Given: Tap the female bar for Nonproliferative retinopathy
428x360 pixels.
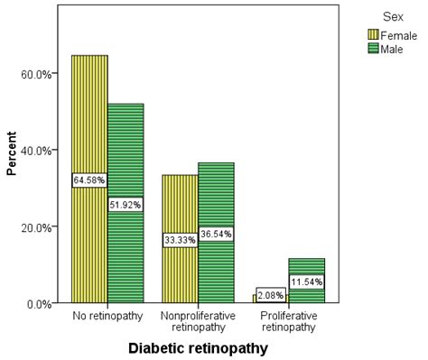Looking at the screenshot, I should (180, 208).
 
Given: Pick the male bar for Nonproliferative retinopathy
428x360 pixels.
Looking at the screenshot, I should (216, 198).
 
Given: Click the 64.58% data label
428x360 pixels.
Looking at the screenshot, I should (89, 180).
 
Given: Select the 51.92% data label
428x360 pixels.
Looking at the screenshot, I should (126, 204).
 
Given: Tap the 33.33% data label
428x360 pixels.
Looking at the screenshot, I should (180, 240).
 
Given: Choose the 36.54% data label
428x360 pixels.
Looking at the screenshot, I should (216, 234).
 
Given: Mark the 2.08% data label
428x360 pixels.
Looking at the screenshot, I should (271, 294).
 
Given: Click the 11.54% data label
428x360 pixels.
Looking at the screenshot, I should (307, 282).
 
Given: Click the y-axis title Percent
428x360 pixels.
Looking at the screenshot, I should (12, 156).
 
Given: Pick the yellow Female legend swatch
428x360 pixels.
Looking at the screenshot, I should (373, 34).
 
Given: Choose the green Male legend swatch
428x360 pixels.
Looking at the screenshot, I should (373, 48).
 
